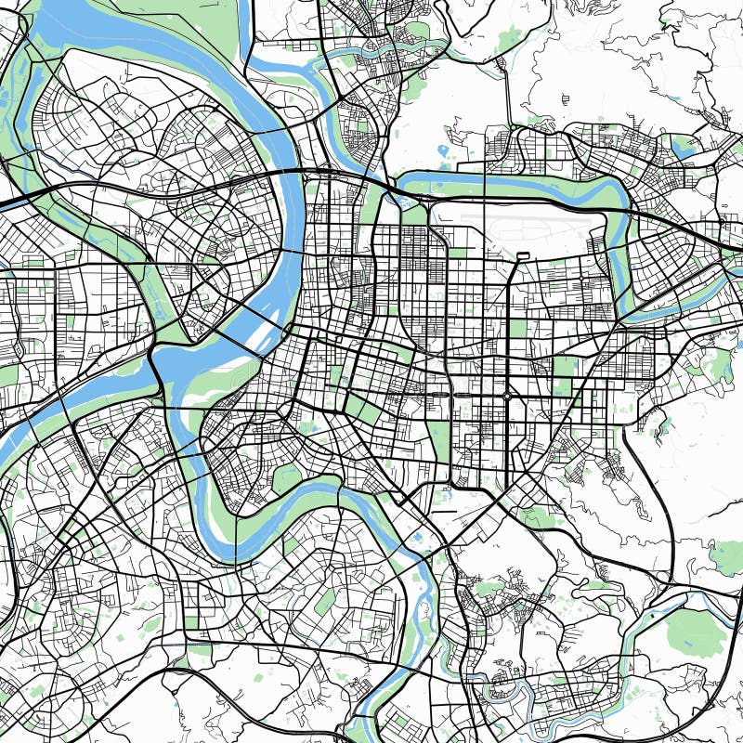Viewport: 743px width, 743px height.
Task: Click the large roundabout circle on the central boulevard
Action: pyautogui.click(x=507, y=397)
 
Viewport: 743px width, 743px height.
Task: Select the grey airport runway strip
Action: pyautogui.click(x=520, y=223)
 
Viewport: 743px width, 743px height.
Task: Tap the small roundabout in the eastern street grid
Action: pyautogui.click(x=581, y=278)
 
